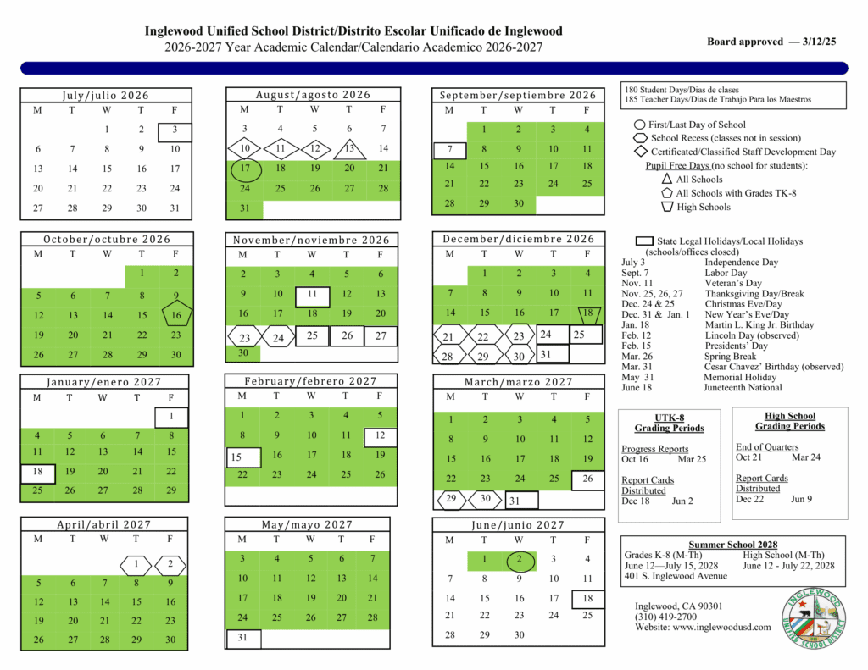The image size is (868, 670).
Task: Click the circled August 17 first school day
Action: point(244,169)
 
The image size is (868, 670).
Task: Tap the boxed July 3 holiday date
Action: point(175,130)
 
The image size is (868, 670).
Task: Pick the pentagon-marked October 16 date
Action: point(175,315)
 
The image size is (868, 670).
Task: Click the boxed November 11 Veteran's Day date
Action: point(312,295)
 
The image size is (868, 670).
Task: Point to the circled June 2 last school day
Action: point(519,559)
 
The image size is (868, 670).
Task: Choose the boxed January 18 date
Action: point(37,472)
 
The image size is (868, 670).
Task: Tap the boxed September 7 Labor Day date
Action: point(449,149)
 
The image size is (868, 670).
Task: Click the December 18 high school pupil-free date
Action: point(587,313)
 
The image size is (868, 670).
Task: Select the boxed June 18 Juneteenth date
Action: point(587,598)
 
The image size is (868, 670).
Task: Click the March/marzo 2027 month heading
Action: point(518,382)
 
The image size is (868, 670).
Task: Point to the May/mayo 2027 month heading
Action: point(311,525)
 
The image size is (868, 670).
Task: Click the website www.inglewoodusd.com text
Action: point(703,627)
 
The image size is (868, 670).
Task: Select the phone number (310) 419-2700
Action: point(666,617)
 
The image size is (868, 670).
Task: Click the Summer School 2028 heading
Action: point(732,545)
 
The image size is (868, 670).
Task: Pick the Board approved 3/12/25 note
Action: point(771,42)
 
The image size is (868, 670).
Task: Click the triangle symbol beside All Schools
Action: point(666,180)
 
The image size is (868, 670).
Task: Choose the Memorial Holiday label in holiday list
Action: point(739,377)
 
